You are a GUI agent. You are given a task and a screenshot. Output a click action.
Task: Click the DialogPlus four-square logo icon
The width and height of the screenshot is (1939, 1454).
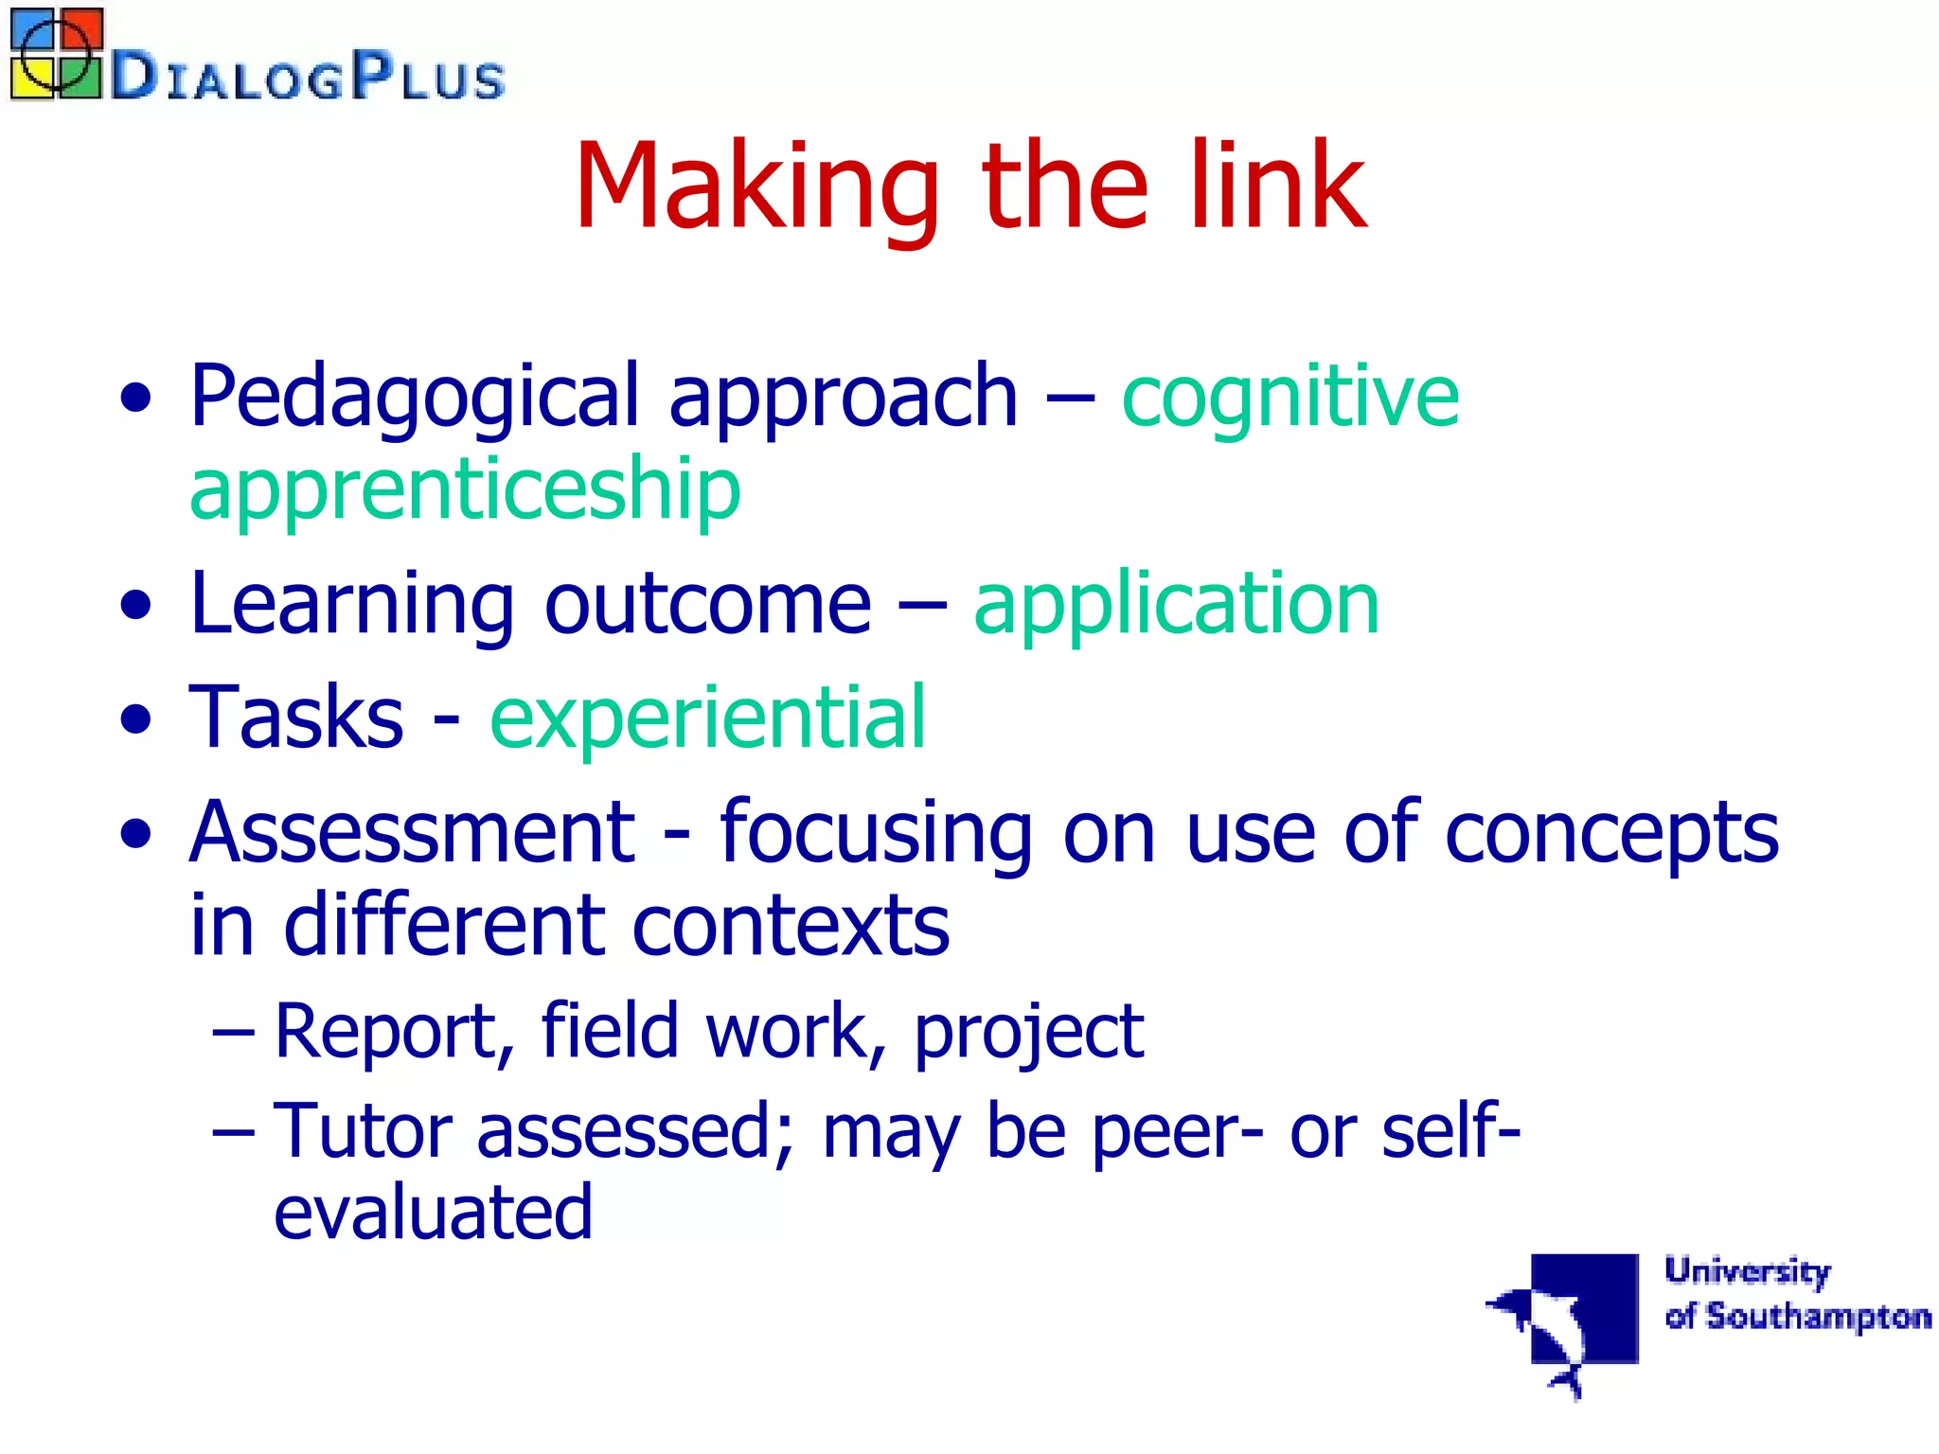[56, 54]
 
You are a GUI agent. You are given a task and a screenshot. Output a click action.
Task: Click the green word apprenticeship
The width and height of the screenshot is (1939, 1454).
[465, 490]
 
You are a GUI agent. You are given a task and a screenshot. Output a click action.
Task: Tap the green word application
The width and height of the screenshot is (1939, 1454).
[1176, 606]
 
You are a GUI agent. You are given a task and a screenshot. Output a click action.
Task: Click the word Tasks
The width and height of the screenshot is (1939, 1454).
[296, 718]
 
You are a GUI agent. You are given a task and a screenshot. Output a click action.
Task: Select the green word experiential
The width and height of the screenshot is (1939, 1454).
[707, 718]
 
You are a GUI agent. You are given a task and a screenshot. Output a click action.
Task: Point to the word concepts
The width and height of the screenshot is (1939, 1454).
[1611, 833]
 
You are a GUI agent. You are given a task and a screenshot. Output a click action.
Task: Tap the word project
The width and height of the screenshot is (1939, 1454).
[1028, 1033]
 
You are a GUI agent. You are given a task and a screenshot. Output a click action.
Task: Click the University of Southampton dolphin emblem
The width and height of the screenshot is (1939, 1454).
[1567, 1321]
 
